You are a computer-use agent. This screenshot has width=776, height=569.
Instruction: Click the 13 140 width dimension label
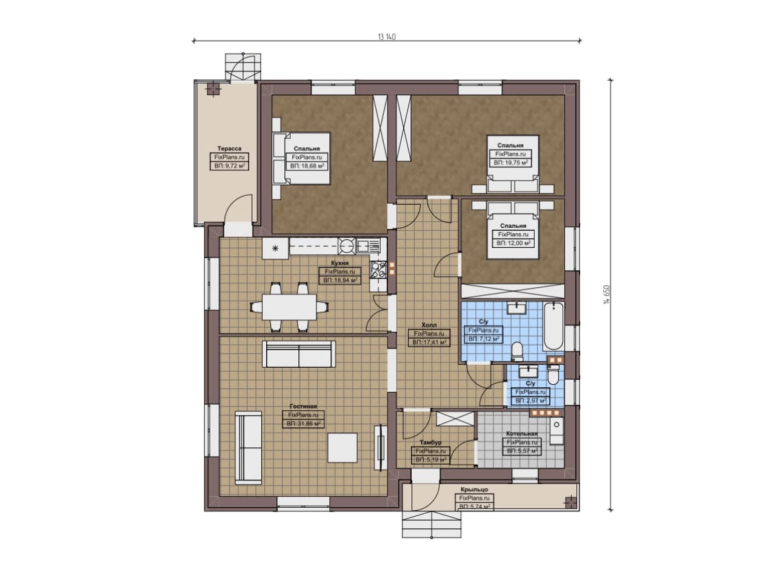tap(386, 37)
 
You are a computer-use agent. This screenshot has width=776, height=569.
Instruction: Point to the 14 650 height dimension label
tap(606, 295)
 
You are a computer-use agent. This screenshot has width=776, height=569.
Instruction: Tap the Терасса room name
tap(229, 148)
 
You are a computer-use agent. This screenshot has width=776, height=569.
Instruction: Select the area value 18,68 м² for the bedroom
tap(307, 166)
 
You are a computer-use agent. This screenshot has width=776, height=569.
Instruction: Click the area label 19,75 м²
tap(510, 163)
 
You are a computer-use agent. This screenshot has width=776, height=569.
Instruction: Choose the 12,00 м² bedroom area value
tap(513, 243)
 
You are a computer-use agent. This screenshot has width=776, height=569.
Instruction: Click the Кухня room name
tap(340, 263)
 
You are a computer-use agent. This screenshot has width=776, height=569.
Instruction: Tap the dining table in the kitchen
tap(289, 307)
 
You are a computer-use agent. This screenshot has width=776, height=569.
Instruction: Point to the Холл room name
tap(429, 325)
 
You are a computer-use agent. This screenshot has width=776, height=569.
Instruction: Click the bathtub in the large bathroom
tap(554, 326)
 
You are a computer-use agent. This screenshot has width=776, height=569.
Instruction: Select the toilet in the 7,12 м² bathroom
tap(518, 351)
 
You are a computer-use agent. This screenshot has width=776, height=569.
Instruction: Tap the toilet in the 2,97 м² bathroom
tap(553, 376)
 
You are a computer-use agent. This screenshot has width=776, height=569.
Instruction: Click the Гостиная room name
tap(303, 406)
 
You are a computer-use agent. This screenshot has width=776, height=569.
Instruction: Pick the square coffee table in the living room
tap(343, 447)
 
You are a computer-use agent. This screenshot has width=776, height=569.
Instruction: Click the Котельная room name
tap(522, 434)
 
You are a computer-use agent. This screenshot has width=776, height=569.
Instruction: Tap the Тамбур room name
tap(430, 442)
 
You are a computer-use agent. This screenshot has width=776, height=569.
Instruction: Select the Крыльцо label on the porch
tap(474, 490)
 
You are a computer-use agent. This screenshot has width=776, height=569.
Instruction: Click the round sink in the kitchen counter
tap(346, 246)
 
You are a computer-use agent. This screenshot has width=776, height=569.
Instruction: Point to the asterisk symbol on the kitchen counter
tap(275, 248)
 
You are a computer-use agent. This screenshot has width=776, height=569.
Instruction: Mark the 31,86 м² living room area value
tap(303, 424)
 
